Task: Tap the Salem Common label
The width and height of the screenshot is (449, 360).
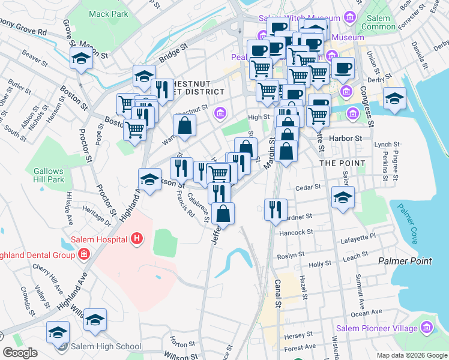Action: click(x=376, y=22)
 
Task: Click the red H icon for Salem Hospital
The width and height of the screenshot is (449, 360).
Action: click(x=137, y=239)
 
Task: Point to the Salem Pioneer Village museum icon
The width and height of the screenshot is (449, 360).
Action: click(x=427, y=328)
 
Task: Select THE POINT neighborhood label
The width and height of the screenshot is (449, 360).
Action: click(x=342, y=163)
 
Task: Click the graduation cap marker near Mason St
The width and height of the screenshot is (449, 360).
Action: click(x=80, y=58)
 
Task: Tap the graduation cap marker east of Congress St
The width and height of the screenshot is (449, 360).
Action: click(x=394, y=99)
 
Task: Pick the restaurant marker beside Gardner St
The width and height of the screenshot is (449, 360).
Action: click(x=276, y=210)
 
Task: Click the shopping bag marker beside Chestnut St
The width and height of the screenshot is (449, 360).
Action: click(x=185, y=125)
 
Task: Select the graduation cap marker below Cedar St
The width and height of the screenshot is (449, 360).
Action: click(x=343, y=197)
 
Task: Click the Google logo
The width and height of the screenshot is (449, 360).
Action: click(x=19, y=353)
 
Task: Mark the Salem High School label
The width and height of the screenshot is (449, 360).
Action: click(x=106, y=346)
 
